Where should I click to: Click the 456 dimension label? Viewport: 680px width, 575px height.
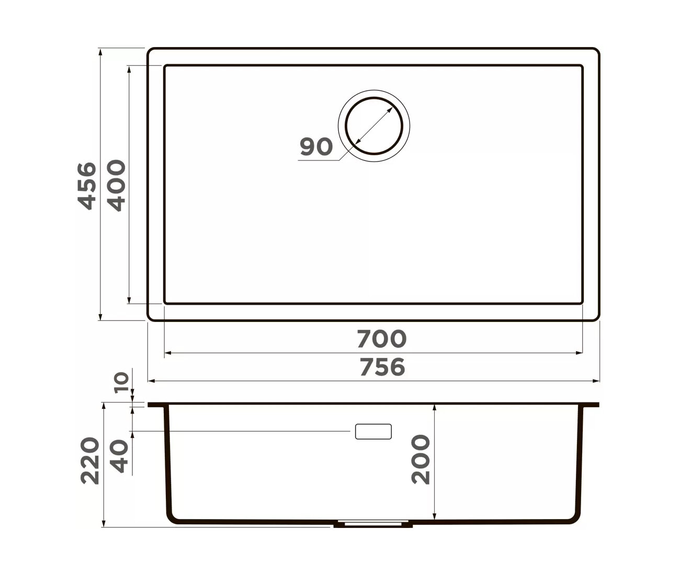(x=87, y=186)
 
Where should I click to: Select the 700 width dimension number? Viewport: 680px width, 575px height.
(x=382, y=339)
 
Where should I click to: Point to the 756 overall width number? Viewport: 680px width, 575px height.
(x=382, y=367)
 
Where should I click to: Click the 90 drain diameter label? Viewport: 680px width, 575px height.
(x=316, y=147)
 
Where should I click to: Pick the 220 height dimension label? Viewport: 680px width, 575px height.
(x=90, y=461)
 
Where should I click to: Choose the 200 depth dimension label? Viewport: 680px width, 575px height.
(x=421, y=459)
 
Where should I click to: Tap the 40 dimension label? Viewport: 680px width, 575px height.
(x=118, y=456)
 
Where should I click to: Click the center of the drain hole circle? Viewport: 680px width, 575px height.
(x=374, y=126)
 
